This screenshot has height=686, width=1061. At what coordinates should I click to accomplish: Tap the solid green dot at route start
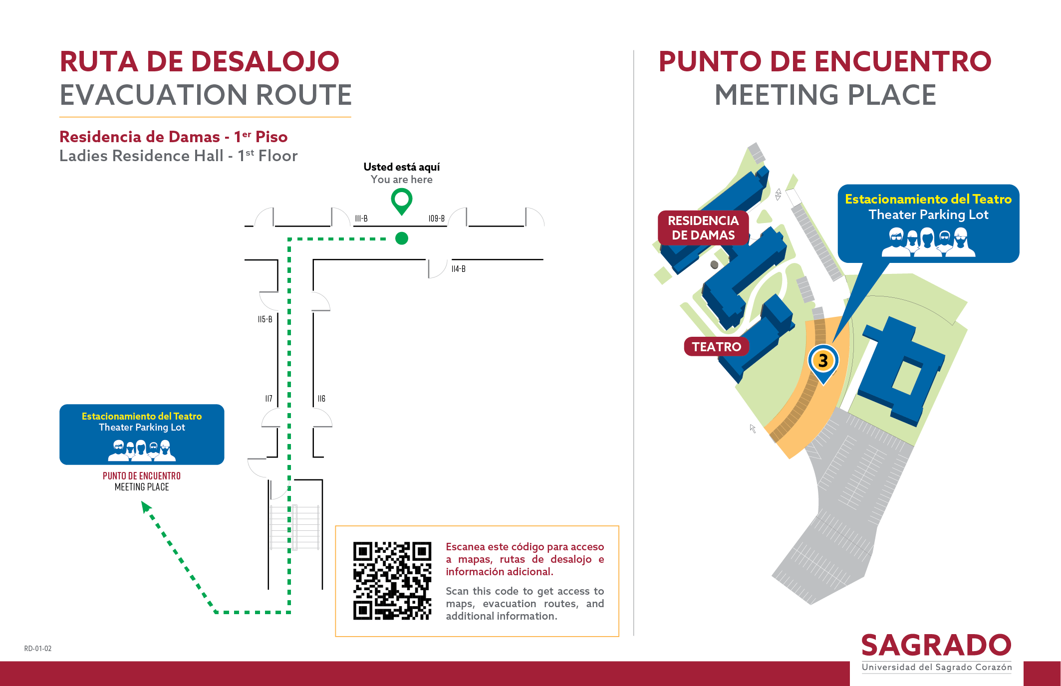pos(402,238)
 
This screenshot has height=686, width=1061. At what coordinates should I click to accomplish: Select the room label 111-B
pos(361,219)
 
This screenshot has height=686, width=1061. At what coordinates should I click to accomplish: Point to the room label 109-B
pos(437,219)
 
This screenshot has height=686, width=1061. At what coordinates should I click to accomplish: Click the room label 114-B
pos(459,269)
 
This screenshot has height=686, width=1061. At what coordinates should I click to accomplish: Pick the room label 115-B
pos(265,319)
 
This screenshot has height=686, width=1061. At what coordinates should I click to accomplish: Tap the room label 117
pos(269,399)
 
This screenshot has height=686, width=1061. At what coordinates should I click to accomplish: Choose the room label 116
pos(321,399)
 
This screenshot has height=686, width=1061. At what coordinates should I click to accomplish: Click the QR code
pos(392,581)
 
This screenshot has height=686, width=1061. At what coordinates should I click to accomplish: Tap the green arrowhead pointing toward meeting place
pos(146,507)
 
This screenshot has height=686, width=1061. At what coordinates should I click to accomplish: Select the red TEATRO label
pos(717,346)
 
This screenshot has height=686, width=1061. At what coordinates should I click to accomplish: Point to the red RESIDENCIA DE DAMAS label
pos(703,228)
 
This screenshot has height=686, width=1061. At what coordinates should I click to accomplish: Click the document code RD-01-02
pos(38,649)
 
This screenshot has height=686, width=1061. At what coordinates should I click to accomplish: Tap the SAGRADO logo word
pos(936,645)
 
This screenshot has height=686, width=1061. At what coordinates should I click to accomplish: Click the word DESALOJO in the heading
pos(265,61)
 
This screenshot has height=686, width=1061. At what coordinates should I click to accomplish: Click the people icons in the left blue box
pos(142,450)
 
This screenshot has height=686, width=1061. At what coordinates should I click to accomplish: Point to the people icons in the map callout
pos(928,242)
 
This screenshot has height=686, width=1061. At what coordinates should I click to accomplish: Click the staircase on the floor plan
pos(295,527)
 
